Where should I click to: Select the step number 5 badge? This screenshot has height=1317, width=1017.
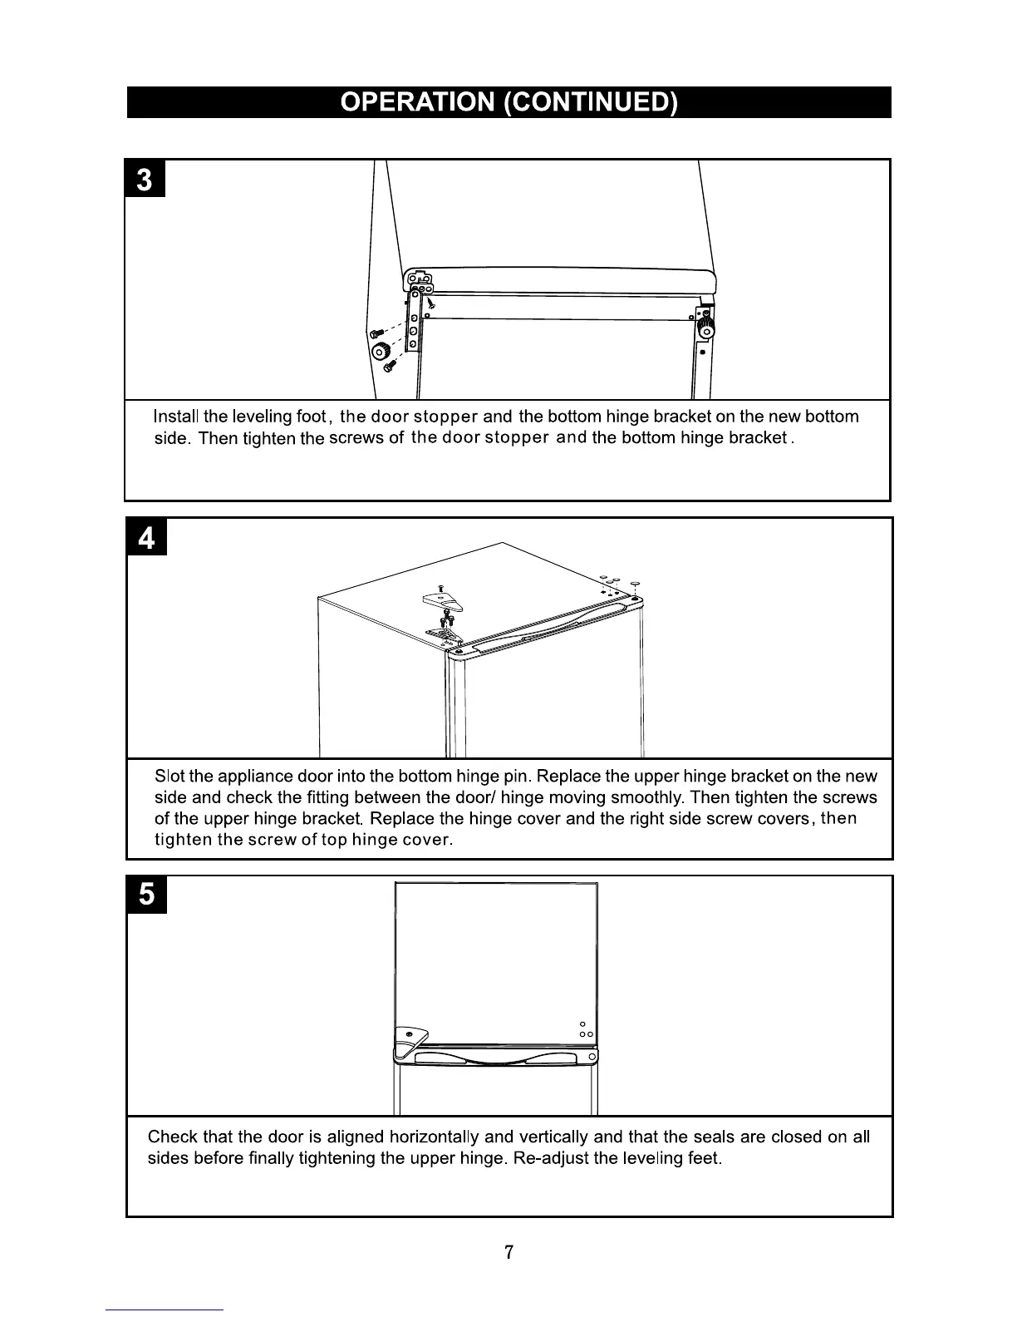[146, 895]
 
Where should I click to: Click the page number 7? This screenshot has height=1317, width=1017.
[508, 1252]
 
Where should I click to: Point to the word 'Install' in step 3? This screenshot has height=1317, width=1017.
[177, 417]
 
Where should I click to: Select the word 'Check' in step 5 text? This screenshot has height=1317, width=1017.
[172, 1137]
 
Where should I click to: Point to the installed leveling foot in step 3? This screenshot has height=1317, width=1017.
[705, 325]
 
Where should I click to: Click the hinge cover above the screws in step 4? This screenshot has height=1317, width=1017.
[438, 596]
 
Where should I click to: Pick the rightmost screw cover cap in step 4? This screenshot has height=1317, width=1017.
[636, 584]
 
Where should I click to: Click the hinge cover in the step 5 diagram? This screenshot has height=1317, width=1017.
[410, 1037]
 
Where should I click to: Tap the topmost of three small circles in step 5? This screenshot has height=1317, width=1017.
[582, 1023]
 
